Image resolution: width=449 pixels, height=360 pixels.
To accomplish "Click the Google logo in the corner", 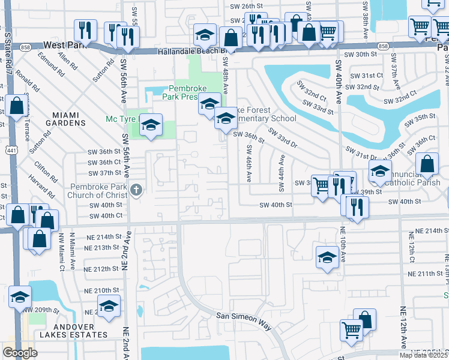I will tap(20, 352).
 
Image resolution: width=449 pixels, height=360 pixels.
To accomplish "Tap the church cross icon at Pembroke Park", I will tap(136, 191).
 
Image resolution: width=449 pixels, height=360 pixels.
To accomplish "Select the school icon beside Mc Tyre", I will tap(151, 124).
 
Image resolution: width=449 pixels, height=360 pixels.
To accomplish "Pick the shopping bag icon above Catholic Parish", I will tap(427, 163).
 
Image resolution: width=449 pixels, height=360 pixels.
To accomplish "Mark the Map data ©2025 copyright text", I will tap(424, 355).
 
